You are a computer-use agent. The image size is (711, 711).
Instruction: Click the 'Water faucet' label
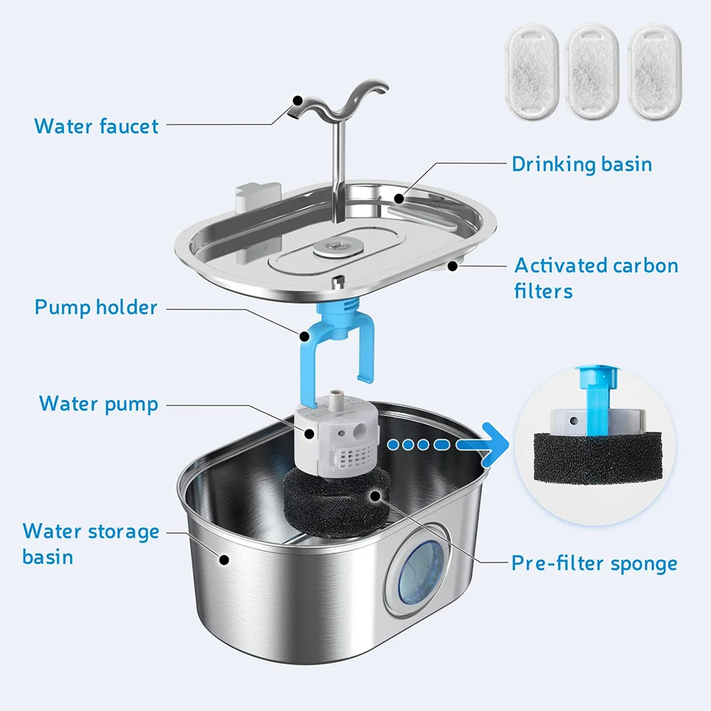pyautogui.click(x=96, y=126)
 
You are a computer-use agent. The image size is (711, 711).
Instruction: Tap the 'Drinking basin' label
pyautogui.click(x=582, y=164)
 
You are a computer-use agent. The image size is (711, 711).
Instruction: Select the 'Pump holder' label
pyautogui.click(x=96, y=307)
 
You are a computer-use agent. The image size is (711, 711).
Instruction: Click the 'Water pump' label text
pyautogui.click(x=98, y=404)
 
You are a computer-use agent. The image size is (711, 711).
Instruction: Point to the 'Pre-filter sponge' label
pyautogui.click(x=594, y=564)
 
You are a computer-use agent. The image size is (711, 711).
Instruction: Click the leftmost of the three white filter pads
pyautogui.click(x=531, y=72)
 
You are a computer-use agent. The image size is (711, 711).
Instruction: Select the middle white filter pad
pyautogui.click(x=592, y=72)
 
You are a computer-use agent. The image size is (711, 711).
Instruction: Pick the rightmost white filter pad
pyautogui.click(x=654, y=72)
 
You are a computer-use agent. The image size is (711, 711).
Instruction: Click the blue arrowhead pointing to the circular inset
pyautogui.click(x=495, y=445)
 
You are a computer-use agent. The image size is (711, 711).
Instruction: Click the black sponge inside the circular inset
pyautogui.click(x=597, y=458)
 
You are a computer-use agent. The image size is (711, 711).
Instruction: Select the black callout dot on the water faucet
pyautogui.click(x=297, y=100)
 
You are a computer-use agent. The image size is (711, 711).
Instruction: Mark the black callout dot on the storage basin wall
pyautogui.click(x=223, y=560)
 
